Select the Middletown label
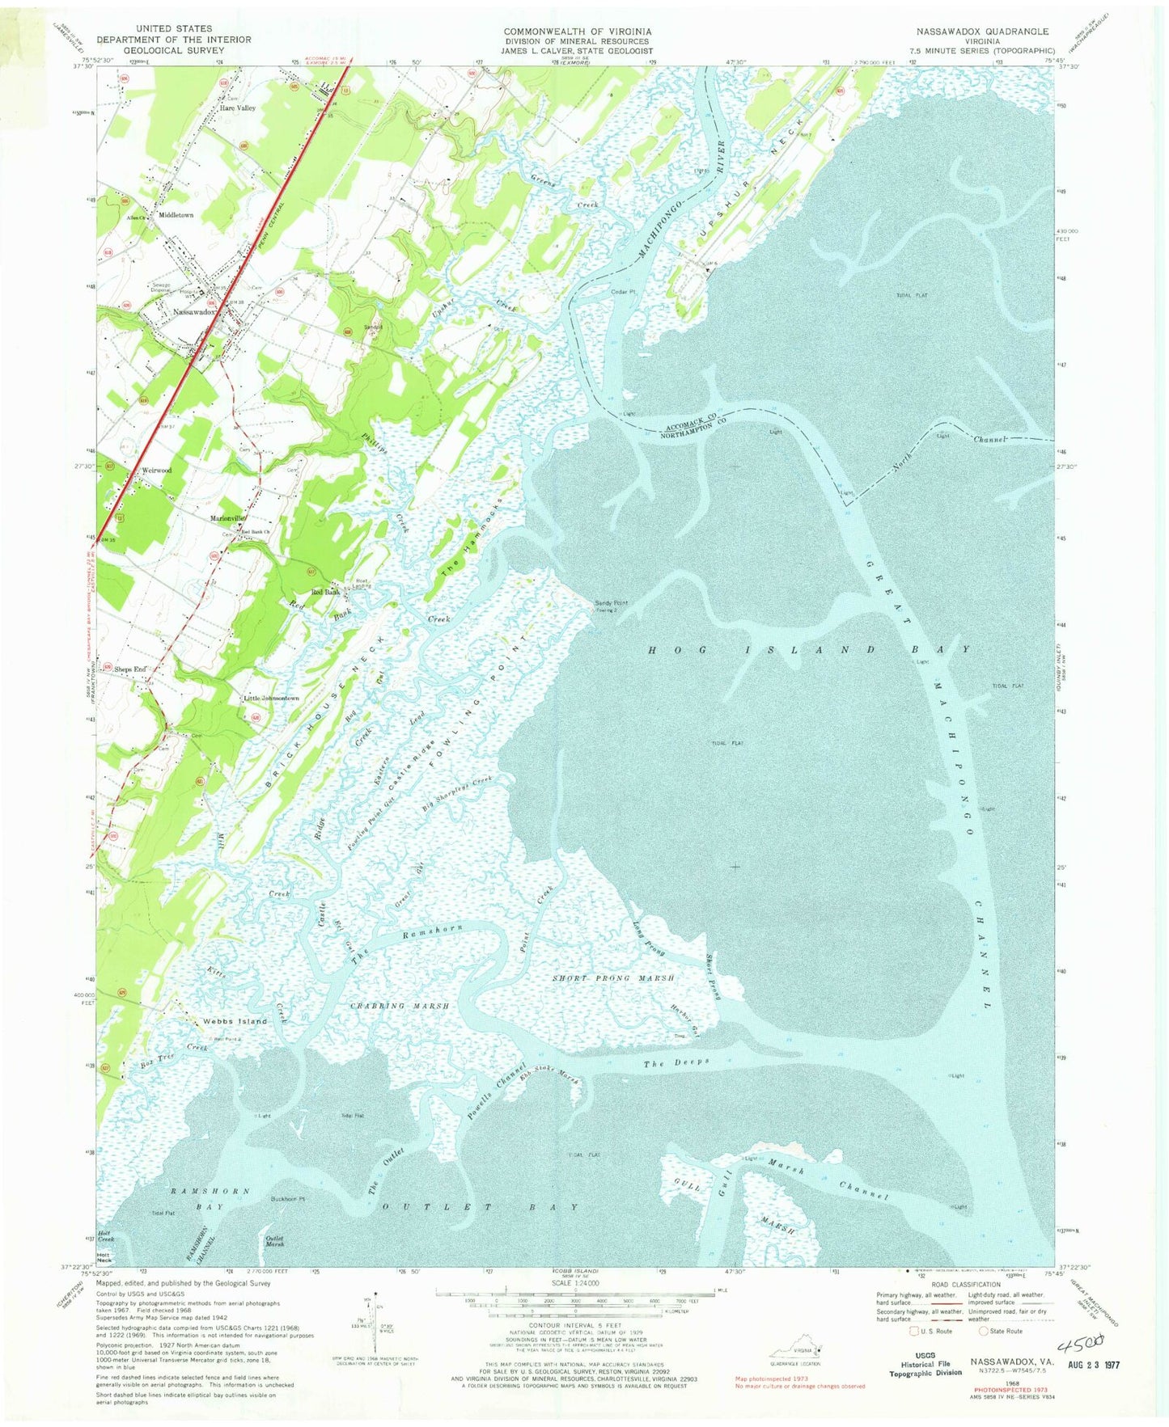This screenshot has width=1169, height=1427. (x=176, y=216)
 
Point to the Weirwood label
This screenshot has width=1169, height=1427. (x=156, y=470)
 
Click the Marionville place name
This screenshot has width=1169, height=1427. (x=228, y=517)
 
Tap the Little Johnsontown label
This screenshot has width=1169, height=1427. (x=272, y=699)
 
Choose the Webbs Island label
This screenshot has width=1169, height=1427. (x=235, y=1021)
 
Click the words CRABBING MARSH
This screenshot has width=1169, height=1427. (x=399, y=1006)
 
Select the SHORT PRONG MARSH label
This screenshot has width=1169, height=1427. (x=613, y=978)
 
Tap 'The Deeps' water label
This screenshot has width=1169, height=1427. (x=676, y=1062)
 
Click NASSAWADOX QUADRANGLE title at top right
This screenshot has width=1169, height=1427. (x=982, y=32)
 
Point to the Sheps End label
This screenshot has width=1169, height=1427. (x=130, y=669)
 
